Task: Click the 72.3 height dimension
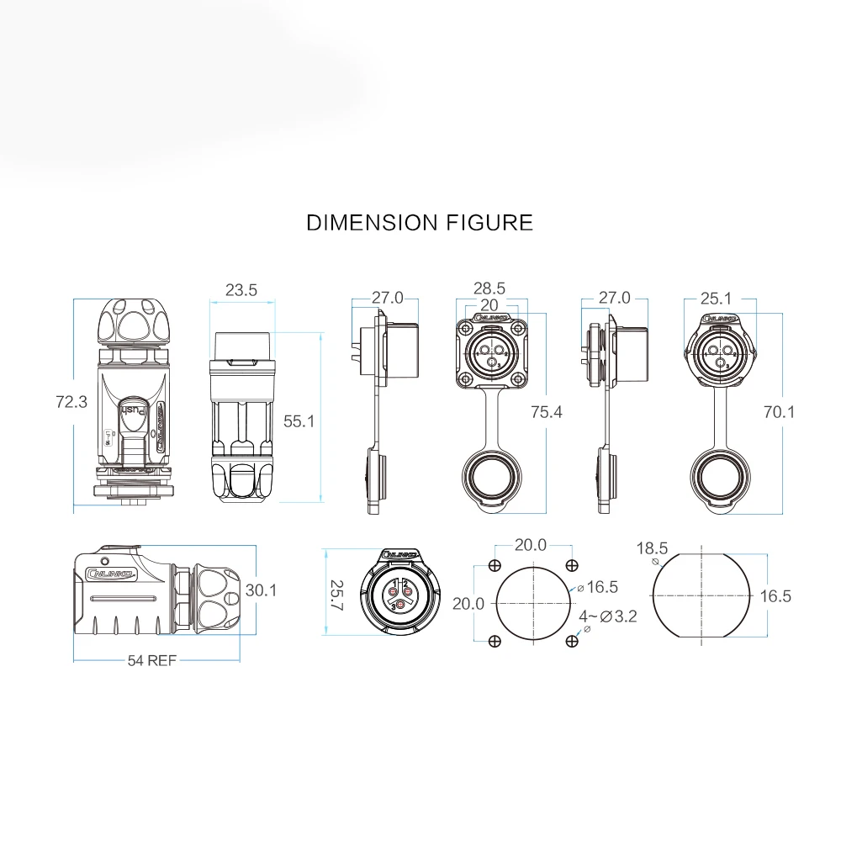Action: (71, 402)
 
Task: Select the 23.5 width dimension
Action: (241, 290)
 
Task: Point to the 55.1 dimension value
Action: (299, 421)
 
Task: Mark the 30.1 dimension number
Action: (262, 591)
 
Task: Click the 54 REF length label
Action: (151, 660)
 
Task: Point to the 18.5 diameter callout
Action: (653, 548)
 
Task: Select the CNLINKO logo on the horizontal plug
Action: (108, 575)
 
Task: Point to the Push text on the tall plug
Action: (135, 412)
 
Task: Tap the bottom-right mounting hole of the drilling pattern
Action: (572, 643)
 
